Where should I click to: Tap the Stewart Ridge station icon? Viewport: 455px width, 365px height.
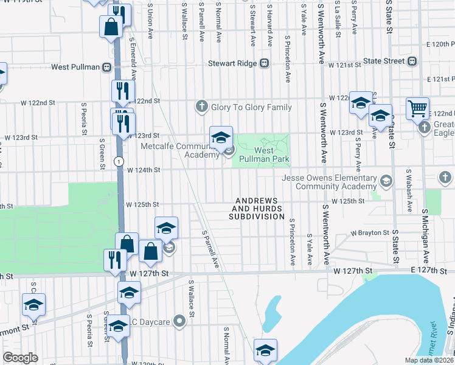[265, 63]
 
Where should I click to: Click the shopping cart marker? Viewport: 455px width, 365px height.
[417, 108]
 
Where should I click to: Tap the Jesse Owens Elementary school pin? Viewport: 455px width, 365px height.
[386, 181]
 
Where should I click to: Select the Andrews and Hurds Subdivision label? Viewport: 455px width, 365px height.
[256, 208]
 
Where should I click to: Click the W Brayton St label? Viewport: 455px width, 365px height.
[370, 232]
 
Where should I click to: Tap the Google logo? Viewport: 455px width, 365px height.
[21, 358]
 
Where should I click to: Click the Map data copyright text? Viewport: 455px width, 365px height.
[429, 360]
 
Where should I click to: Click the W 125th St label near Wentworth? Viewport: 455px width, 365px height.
[347, 201]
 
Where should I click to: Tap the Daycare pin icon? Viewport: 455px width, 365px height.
[179, 321]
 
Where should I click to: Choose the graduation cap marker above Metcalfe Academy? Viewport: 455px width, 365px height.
[221, 137]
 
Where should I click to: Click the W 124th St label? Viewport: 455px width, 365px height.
[142, 170]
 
